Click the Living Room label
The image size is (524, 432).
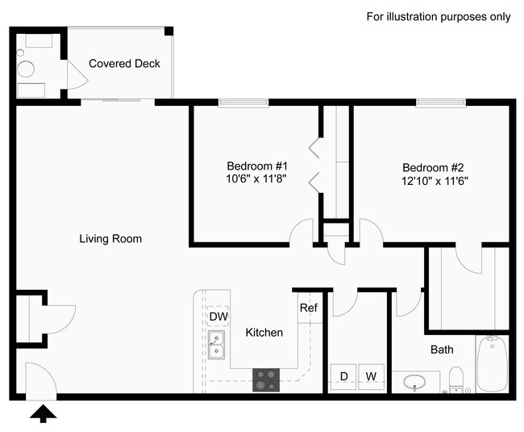click(x=110, y=239)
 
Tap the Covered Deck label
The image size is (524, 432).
click(x=124, y=64)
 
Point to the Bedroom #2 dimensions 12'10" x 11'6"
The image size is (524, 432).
click(x=435, y=181)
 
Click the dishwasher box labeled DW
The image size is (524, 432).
click(x=218, y=316)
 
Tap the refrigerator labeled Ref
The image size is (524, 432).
click(x=308, y=308)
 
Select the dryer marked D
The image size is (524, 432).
click(x=343, y=376)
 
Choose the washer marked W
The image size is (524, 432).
click(x=371, y=376)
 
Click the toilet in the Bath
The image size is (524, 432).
click(x=456, y=378)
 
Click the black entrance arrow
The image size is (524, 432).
click(x=45, y=413)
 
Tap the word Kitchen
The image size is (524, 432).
click(x=264, y=333)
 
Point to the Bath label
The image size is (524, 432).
click(x=441, y=350)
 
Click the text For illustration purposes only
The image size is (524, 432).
click(x=439, y=16)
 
